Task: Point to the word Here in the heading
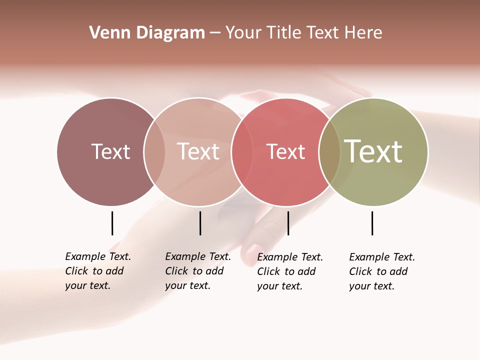(x=363, y=33)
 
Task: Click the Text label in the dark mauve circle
(x=110, y=151)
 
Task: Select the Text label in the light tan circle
(x=198, y=151)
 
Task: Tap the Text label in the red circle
(x=285, y=152)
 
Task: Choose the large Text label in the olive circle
(x=373, y=151)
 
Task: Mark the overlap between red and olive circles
(x=329, y=151)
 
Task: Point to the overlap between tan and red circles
(x=241, y=151)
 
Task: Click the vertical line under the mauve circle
(x=112, y=223)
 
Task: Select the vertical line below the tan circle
(x=200, y=223)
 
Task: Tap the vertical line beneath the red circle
(x=288, y=223)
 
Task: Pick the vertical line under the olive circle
(x=372, y=223)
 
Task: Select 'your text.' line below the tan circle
(x=188, y=285)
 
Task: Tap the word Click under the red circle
(x=268, y=271)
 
